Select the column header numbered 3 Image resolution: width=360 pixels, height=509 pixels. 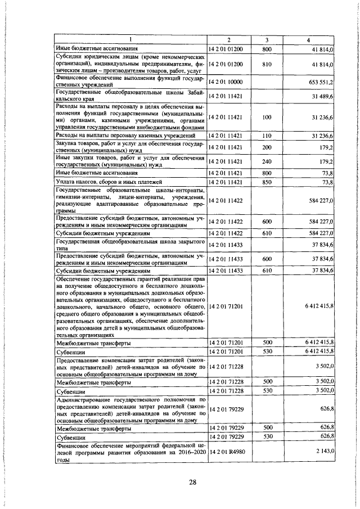coord(267,39)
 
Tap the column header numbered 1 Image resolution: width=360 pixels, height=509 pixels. coord(130,39)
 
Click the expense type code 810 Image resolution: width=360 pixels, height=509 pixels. coord(267,65)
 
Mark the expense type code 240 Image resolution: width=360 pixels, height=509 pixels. coord(267,161)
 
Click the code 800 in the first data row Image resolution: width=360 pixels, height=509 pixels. coord(267,49)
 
